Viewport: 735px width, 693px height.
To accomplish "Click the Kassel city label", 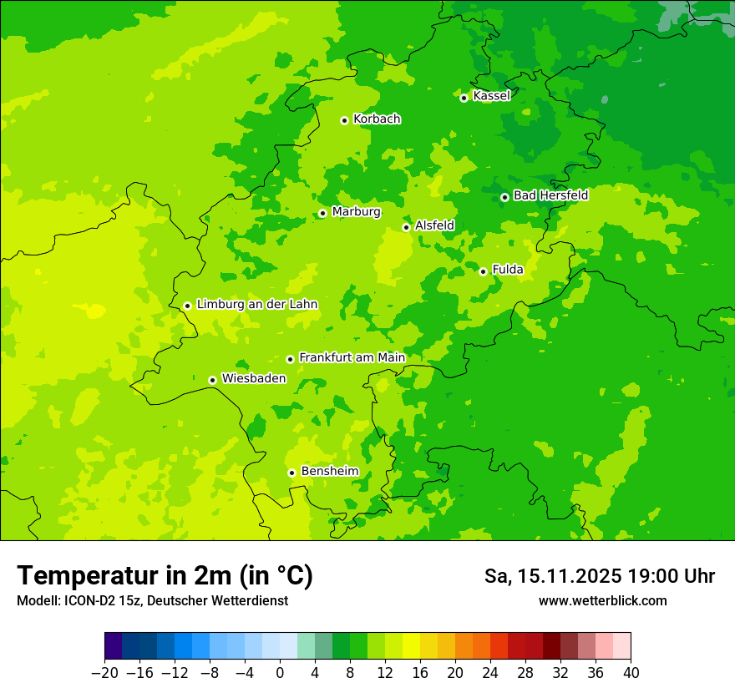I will (491, 96).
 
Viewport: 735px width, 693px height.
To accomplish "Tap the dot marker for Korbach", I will (344, 120).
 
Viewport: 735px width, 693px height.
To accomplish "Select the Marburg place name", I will (356, 212).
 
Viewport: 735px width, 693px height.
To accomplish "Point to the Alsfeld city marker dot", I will (407, 227).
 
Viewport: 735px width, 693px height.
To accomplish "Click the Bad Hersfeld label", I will (550, 195).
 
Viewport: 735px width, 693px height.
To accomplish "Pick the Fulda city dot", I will (483, 271).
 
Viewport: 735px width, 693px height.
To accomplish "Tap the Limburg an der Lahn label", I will (256, 305).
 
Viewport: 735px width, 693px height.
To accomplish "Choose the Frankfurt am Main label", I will (352, 358).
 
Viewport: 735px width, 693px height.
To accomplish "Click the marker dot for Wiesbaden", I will (213, 380).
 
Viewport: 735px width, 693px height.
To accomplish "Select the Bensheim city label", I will (329, 472).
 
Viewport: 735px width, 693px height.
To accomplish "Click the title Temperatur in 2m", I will (165, 576).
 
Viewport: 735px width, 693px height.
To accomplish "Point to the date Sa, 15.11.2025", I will (551, 576).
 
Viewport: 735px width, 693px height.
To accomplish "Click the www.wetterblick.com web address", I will (602, 600).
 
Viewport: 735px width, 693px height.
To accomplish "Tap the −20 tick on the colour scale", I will (104, 673).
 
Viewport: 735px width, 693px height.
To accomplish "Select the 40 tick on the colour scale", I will (631, 673).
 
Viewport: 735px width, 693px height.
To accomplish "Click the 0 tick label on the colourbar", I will (280, 673).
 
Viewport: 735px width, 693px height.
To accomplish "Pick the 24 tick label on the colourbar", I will (490, 673).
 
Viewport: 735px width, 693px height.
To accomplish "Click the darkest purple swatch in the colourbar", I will (114, 646).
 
